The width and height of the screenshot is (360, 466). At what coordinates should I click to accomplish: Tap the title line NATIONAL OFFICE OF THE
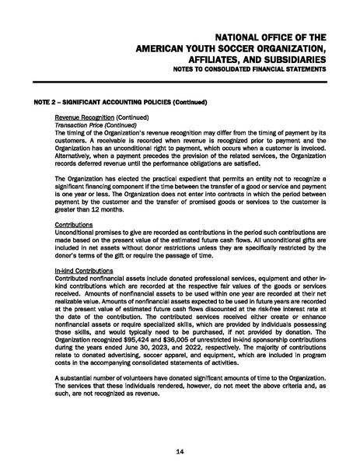click(x=270, y=37)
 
